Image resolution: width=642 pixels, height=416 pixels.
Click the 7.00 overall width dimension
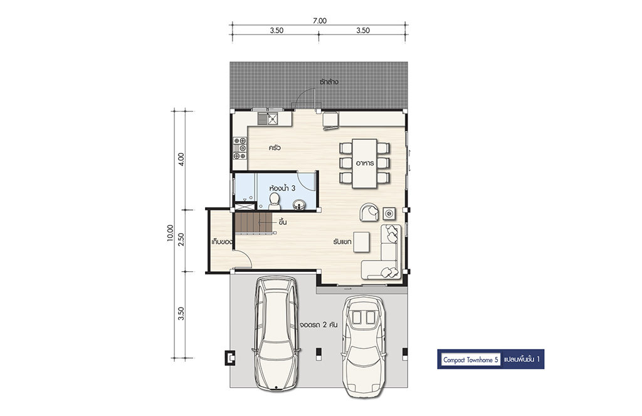(320, 21)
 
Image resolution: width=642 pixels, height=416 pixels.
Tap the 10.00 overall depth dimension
(171, 234)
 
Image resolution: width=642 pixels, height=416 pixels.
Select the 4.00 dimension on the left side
(181, 159)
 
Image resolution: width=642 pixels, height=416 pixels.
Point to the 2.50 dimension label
(181, 239)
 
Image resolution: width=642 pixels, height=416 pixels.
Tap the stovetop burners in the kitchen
(240, 148)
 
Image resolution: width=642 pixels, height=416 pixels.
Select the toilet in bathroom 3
(275, 201)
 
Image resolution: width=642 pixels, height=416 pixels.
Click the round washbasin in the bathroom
(299, 204)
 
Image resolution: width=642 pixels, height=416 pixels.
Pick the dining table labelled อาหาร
(364, 164)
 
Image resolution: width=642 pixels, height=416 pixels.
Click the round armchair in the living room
(370, 212)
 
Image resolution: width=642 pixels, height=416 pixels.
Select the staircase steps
(253, 222)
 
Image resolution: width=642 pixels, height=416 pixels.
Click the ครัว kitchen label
(275, 148)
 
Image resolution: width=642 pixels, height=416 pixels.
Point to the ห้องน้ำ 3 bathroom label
(283, 189)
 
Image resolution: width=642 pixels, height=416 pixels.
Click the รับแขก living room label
(342, 242)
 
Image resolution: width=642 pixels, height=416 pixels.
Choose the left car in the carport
(276, 333)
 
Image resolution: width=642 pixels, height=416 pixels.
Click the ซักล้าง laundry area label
(329, 82)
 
